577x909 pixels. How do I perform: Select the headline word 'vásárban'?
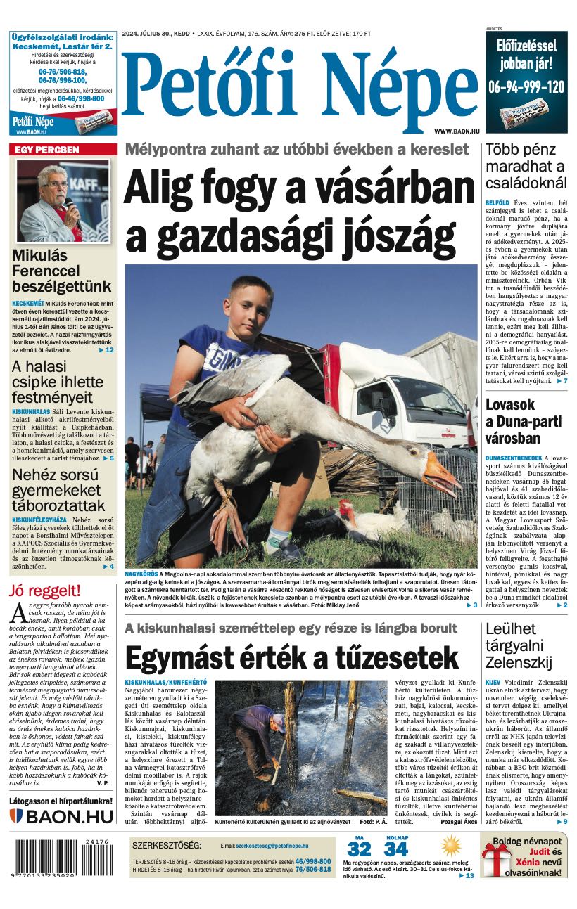(402, 188)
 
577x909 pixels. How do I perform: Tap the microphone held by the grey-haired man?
(69, 204)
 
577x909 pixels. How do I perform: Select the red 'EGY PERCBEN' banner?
(63, 150)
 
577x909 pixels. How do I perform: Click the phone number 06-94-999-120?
(526, 87)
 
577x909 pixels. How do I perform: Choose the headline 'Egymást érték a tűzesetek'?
(291, 658)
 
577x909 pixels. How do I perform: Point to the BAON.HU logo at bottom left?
(62, 816)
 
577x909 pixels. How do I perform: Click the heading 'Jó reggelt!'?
(45, 591)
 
